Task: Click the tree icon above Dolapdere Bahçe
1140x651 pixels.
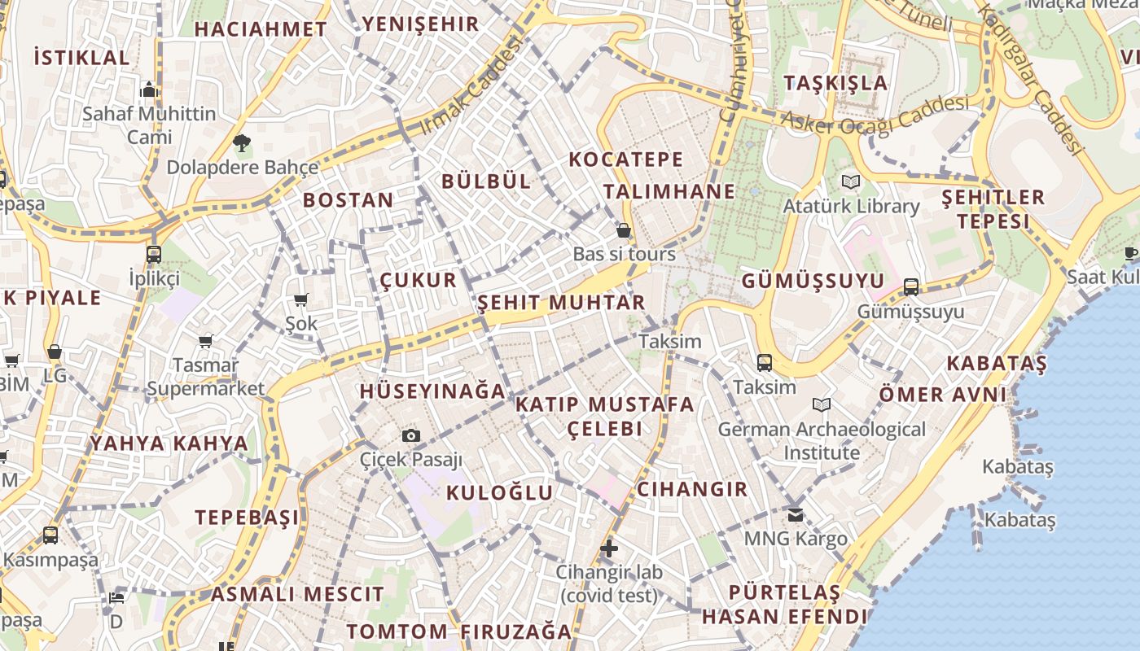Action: [x=241, y=144]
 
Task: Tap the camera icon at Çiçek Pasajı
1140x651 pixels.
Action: [x=411, y=436]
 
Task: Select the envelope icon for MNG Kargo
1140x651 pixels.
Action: [x=796, y=514]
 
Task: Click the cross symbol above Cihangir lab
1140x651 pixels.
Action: [x=608, y=548]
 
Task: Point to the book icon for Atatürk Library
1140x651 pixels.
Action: [x=851, y=181]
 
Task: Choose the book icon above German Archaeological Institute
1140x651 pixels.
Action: [x=822, y=404]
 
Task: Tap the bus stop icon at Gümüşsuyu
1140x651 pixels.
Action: [x=911, y=287]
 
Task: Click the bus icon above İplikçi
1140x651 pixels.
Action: [x=154, y=255]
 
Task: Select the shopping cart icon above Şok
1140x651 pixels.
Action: [x=301, y=300]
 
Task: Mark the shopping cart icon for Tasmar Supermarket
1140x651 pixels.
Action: [x=205, y=341]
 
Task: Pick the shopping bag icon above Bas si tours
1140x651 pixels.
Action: [x=624, y=230]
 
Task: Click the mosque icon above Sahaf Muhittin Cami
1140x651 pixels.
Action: [x=149, y=90]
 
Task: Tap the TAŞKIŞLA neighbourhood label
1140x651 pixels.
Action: [x=835, y=83]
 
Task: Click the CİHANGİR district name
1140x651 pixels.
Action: [x=692, y=489]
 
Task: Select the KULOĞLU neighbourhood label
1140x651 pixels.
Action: [x=500, y=492]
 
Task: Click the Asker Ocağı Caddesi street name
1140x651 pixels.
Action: [x=875, y=114]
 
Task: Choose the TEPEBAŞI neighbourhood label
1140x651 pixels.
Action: [x=247, y=518]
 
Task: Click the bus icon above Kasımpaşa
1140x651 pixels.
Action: [x=50, y=535]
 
